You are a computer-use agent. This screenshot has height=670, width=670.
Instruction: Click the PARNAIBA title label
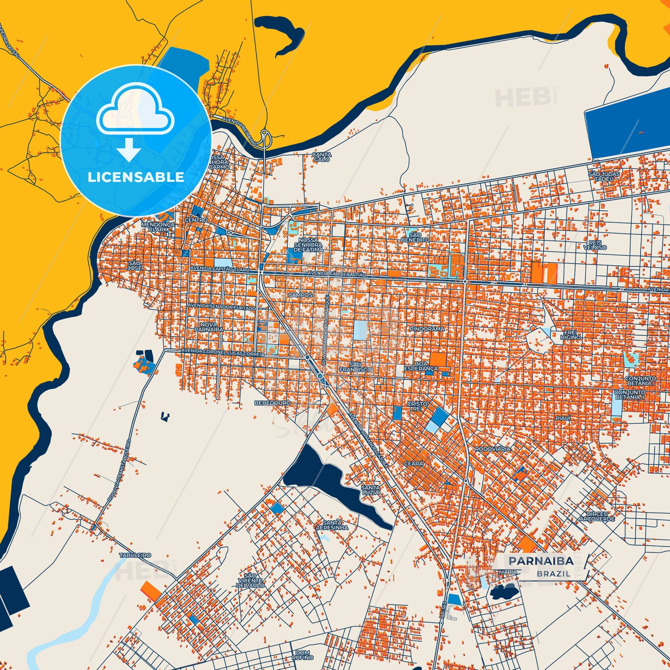point(541,561)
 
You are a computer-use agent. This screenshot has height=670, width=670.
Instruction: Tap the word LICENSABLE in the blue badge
point(136,177)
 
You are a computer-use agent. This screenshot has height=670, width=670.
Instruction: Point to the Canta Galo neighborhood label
point(322,157)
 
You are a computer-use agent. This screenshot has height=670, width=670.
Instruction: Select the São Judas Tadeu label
point(601,176)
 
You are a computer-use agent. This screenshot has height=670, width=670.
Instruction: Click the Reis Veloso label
point(595,245)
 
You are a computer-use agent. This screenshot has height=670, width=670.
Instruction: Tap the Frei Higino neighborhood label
point(570,335)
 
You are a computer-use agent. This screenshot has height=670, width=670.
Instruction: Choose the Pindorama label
point(427,329)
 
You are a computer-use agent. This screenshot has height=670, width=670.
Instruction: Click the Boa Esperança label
point(421,366)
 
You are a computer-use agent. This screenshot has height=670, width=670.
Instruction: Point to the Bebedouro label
point(273,403)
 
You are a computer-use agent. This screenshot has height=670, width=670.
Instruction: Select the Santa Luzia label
point(370,490)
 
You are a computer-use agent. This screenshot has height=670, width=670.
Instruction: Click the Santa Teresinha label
point(332,525)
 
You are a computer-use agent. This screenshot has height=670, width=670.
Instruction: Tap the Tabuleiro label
point(135,555)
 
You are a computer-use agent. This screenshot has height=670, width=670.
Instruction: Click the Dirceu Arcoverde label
point(597,517)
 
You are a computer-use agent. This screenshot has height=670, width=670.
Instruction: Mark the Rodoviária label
point(493,449)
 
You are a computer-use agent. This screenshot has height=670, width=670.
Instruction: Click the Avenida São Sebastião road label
point(337,274)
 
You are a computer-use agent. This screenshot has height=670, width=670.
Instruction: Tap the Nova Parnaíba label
point(209,327)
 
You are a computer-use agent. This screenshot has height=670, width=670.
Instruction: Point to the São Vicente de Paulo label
point(250,580)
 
